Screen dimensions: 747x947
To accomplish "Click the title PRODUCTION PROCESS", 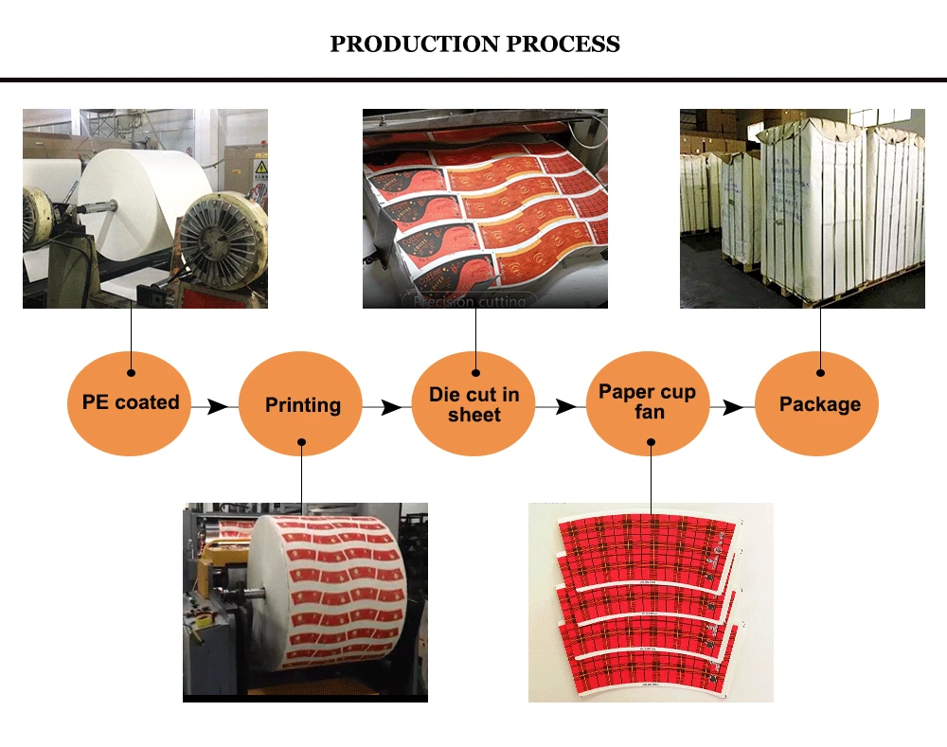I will tap(474, 44).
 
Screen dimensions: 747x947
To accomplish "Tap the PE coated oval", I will tap(130, 402).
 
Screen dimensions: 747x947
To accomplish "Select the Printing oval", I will tap(302, 405).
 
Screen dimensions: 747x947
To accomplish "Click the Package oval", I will tap(819, 404).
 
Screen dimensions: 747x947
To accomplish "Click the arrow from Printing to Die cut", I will tap(388, 407).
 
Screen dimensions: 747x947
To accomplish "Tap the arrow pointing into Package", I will tap(733, 407).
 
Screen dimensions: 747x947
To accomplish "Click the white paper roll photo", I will tap(145, 208).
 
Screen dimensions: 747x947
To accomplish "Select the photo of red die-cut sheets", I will tap(485, 208).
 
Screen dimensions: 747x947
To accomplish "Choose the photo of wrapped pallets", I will tap(802, 208).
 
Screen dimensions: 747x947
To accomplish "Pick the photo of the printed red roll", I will tap(305, 602).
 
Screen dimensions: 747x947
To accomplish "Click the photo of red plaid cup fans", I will tap(651, 602).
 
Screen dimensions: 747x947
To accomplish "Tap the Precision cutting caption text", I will tap(468, 301).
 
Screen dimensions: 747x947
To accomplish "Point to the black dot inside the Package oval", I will tap(820, 373).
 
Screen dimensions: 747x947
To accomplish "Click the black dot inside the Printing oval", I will tap(302, 441).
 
